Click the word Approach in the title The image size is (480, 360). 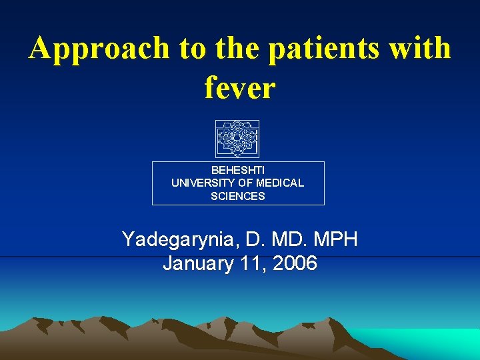point(99,49)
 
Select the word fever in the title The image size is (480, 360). point(240,87)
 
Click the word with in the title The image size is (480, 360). point(421,48)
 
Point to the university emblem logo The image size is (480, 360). point(237,139)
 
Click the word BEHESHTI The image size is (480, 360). point(237,170)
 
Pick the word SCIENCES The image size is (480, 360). point(237,196)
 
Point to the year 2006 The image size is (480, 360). point(294,264)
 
